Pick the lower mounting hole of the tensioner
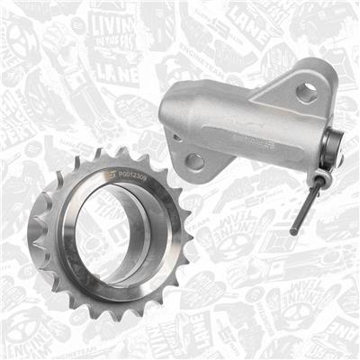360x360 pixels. (194, 162)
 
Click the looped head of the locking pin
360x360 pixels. (326, 176)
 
